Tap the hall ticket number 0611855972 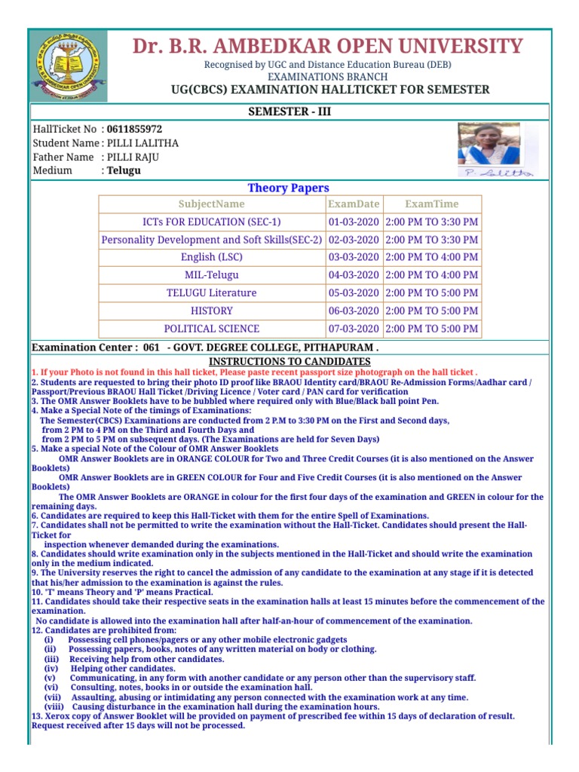pyautogui.click(x=134, y=130)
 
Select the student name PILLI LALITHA pyautogui.click(x=142, y=143)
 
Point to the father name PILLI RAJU pyautogui.click(x=133, y=157)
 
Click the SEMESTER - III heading pyautogui.click(x=289, y=112)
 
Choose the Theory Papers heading pyautogui.click(x=289, y=188)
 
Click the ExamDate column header pyautogui.click(x=354, y=204)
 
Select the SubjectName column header pyautogui.click(x=211, y=204)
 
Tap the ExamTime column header pyautogui.click(x=431, y=204)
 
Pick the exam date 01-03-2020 pyautogui.click(x=354, y=222)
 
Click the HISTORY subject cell pyautogui.click(x=211, y=311)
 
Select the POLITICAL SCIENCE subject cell pyautogui.click(x=211, y=329)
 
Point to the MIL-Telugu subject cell pyautogui.click(x=211, y=275)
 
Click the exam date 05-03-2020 pyautogui.click(x=354, y=293)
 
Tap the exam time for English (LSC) pyautogui.click(x=431, y=257)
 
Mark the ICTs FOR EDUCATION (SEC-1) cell pyautogui.click(x=211, y=222)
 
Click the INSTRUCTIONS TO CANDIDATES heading pyautogui.click(x=289, y=362)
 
